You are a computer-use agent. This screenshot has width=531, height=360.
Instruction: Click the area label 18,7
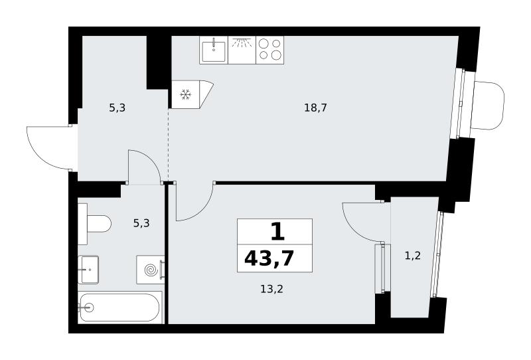pyautogui.click(x=315, y=108)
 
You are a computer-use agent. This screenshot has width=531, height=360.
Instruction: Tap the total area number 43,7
pyautogui.click(x=269, y=259)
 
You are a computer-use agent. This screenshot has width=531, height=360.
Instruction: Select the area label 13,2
pyautogui.click(x=271, y=289)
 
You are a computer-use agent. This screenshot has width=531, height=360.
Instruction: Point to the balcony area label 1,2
pyautogui.click(x=413, y=256)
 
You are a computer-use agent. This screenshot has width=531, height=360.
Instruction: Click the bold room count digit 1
pyautogui.click(x=277, y=232)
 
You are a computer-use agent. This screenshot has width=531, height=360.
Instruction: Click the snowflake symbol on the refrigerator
pyautogui.click(x=185, y=94)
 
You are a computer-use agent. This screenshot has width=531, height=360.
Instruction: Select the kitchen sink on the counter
pyautogui.click(x=214, y=50)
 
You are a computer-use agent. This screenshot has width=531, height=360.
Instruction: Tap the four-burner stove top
pyautogui.click(x=270, y=50)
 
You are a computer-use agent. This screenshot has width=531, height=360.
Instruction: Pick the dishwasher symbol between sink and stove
pyautogui.click(x=242, y=50)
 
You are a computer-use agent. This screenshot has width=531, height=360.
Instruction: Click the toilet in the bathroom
pyautogui.click(x=94, y=224)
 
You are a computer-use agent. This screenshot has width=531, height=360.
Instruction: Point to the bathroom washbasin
pyautogui.click(x=88, y=270)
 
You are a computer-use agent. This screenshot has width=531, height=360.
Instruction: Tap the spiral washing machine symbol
pyautogui.click(x=151, y=270)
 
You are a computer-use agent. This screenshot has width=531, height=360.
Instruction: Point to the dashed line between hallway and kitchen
pyautogui.click(x=169, y=145)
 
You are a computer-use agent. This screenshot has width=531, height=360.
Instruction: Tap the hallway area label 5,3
pyautogui.click(x=117, y=108)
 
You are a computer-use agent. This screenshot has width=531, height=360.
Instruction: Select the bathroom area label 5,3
pyautogui.click(x=141, y=223)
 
